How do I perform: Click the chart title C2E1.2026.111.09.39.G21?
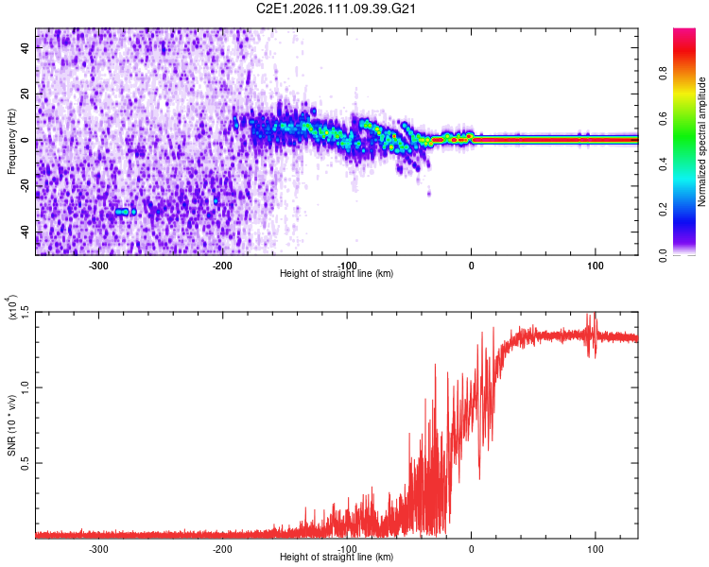click(337, 9)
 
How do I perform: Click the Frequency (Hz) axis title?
click(11, 140)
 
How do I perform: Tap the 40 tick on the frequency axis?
click(26, 46)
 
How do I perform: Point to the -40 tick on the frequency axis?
click(25, 232)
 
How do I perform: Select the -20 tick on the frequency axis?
click(25, 186)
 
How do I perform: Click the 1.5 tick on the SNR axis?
click(26, 312)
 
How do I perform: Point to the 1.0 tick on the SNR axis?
click(26, 387)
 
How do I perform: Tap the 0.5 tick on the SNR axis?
click(26, 463)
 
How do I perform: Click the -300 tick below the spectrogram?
click(99, 266)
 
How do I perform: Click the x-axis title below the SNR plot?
click(337, 558)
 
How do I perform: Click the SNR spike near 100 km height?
click(594, 321)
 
